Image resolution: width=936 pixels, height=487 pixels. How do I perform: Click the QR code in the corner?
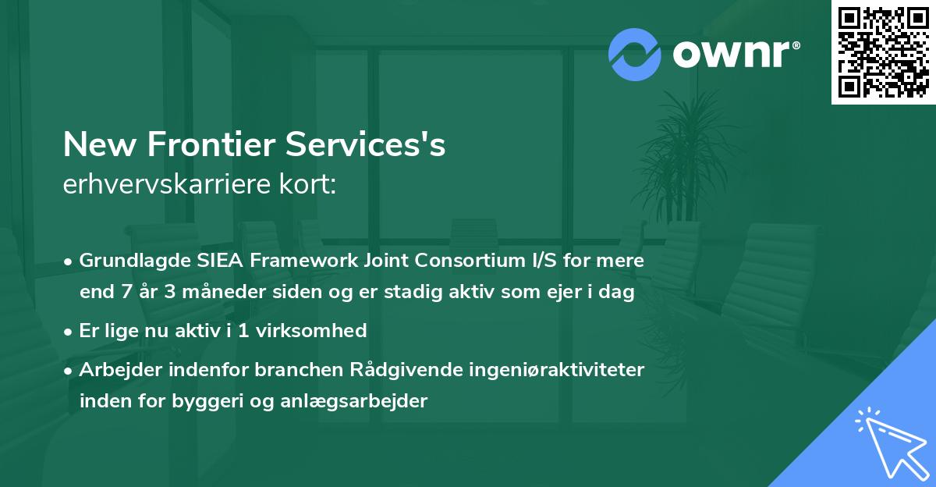(x=883, y=52)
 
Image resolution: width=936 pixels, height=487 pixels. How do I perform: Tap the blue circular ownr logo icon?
(x=635, y=55)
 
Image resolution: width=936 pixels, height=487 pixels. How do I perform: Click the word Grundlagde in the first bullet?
(x=128, y=261)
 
